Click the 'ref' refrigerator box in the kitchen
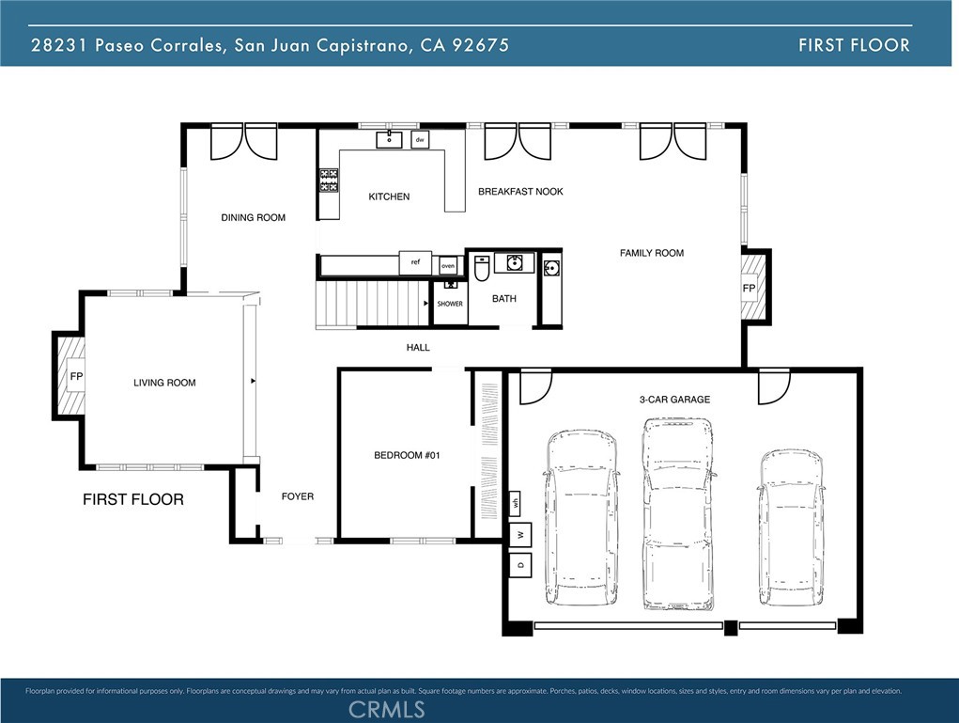point(415,263)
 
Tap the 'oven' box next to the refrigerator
point(448,265)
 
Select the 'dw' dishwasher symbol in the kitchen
point(420,140)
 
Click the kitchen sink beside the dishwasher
point(389,140)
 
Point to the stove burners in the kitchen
point(329,180)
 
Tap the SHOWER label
point(450,304)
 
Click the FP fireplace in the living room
point(74,376)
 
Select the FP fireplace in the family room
point(750,287)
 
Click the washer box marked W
point(519,536)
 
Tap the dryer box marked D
point(519,565)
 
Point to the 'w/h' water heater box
point(516,504)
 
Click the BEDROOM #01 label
point(407,455)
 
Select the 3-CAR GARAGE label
point(674,400)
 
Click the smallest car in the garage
point(790,527)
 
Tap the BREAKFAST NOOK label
point(520,192)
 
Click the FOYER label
point(298,496)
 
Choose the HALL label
point(418,348)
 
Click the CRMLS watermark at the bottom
point(386,709)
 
